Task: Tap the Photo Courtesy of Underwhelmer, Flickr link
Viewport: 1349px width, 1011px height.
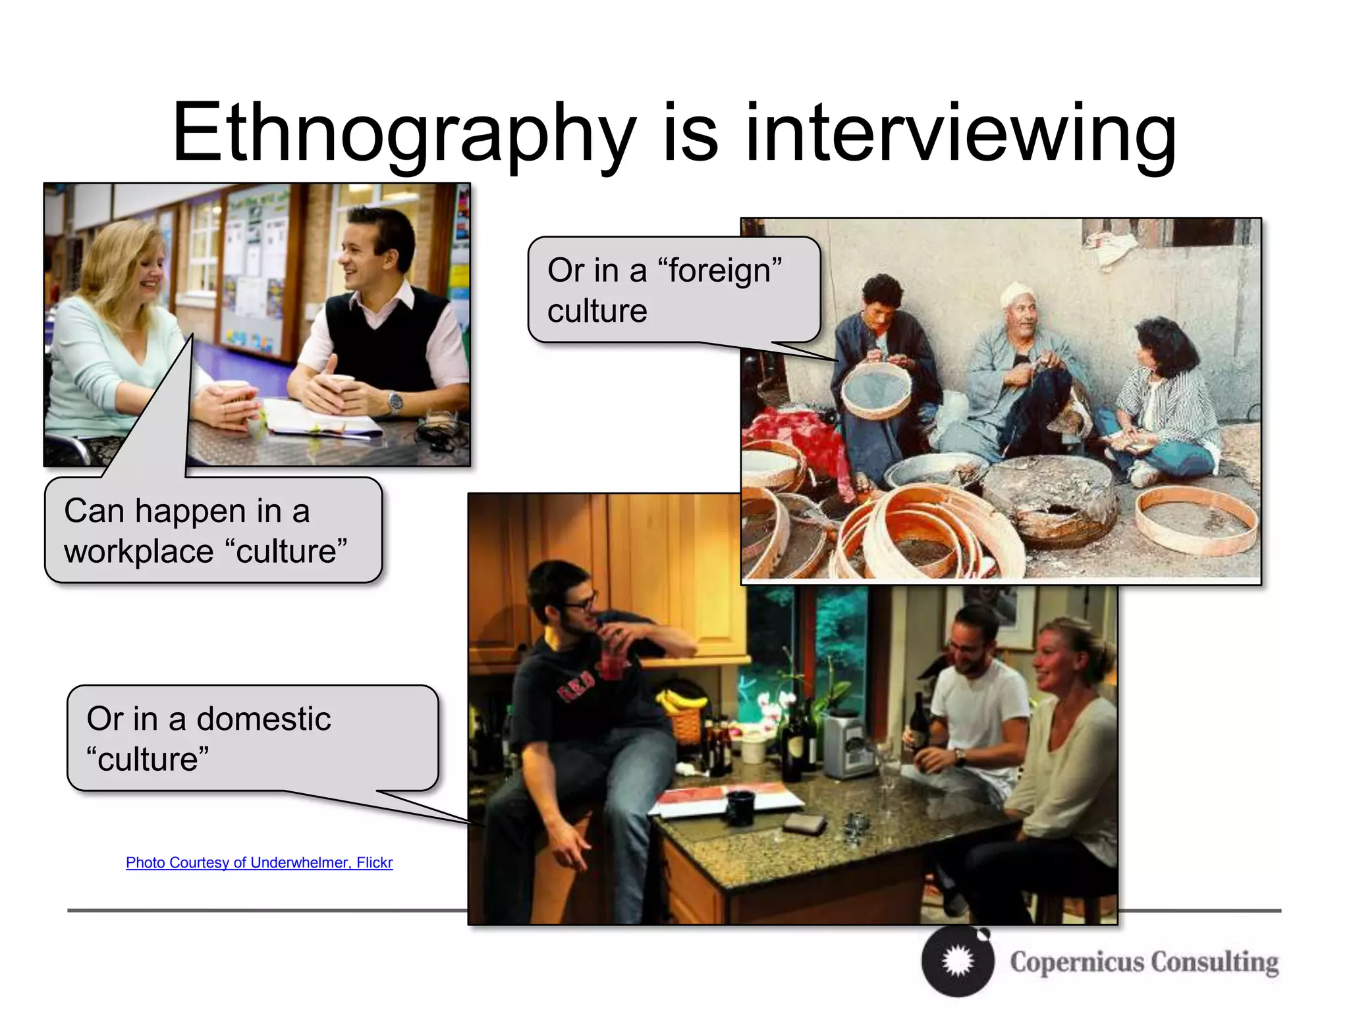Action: click(259, 862)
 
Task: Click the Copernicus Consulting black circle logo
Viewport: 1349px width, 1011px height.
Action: click(957, 962)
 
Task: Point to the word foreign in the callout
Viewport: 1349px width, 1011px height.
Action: click(719, 271)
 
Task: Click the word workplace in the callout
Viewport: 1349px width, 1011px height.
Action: click(138, 552)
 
